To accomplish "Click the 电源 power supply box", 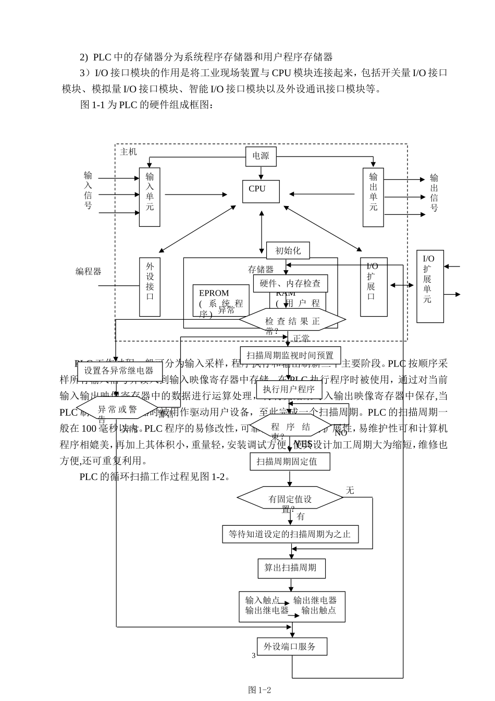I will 261,156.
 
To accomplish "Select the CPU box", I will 261,191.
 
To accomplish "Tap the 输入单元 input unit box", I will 150,197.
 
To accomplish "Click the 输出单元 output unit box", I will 373,197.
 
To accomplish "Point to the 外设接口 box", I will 150,286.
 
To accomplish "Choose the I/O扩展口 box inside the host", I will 373,286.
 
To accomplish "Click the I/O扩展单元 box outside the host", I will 429,286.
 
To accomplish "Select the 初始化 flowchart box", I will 288,250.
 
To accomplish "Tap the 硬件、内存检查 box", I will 290,283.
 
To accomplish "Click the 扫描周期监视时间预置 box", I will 290,355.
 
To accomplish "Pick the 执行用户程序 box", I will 289,389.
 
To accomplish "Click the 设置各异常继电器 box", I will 119,371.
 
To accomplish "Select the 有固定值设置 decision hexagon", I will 290,499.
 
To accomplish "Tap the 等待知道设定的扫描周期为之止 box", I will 290,534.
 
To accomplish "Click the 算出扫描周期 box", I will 291,568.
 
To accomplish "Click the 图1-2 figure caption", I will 260,690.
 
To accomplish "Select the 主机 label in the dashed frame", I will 128,152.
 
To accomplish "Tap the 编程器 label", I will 89,271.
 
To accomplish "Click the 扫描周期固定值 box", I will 290,462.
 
